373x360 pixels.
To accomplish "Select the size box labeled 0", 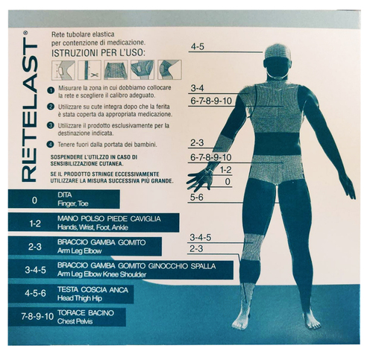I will [34, 200].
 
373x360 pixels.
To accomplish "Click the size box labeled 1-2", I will [34, 223].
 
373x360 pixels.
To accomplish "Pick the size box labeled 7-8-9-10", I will [34, 315].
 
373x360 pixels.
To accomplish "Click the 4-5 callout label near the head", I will [197, 47].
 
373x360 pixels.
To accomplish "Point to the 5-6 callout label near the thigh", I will [197, 198].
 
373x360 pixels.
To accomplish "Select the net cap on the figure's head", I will [277, 52].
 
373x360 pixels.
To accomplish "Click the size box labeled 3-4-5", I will [34, 269].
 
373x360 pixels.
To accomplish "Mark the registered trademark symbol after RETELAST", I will [26, 34].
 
